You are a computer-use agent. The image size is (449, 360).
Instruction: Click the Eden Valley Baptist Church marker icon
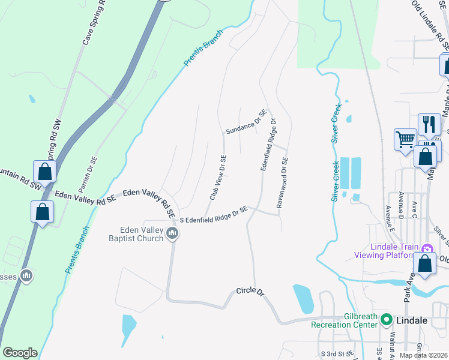click(172, 233)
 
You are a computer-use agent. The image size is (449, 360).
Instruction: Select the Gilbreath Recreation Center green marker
click(387, 320)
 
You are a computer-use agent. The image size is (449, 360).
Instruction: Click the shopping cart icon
click(405, 140)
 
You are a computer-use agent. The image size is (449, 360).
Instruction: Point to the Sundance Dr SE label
click(246, 122)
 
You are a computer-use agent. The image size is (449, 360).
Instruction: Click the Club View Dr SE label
click(217, 177)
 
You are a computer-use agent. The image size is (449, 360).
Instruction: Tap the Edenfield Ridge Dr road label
click(268, 145)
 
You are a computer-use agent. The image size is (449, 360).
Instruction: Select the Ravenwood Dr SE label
click(282, 182)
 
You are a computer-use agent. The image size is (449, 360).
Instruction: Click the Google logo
click(20, 353)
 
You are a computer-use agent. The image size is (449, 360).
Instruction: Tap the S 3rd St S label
click(334, 354)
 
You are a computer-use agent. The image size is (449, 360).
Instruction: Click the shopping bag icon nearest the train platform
click(425, 264)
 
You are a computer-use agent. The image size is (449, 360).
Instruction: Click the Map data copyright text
click(424, 355)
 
